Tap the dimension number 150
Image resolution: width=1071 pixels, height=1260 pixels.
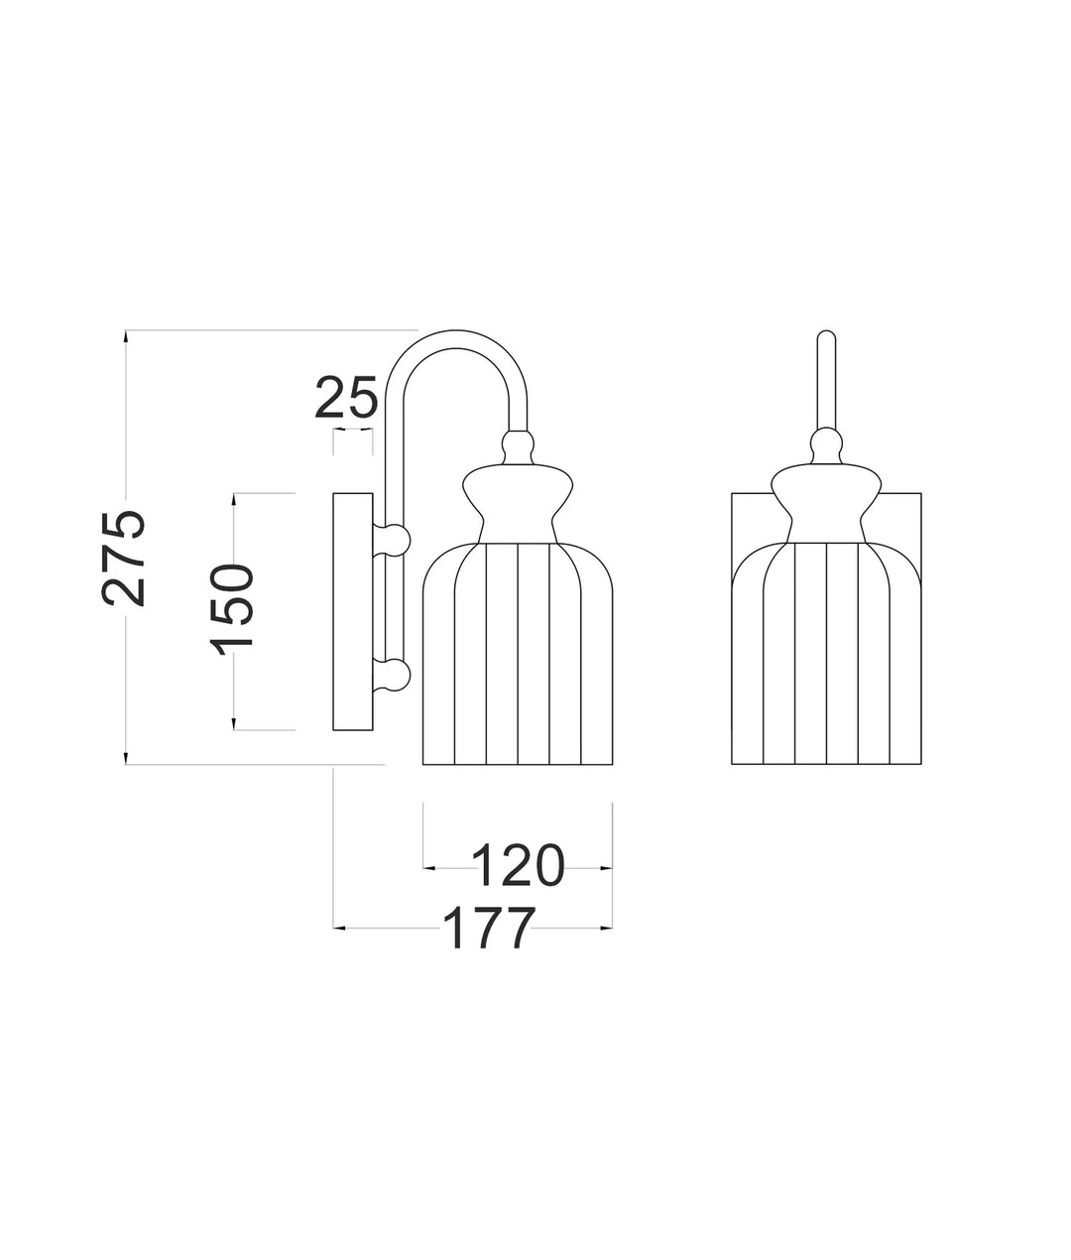[x=232, y=606]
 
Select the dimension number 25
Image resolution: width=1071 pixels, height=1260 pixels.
[x=346, y=398]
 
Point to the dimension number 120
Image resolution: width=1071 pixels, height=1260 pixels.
[x=518, y=865]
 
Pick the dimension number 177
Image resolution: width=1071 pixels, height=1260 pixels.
[x=488, y=929]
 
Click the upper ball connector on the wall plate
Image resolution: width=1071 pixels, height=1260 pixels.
[x=394, y=539]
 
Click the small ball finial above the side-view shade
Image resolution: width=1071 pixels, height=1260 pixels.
[x=517, y=444]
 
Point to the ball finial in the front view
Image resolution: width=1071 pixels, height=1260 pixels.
[x=826, y=444]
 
